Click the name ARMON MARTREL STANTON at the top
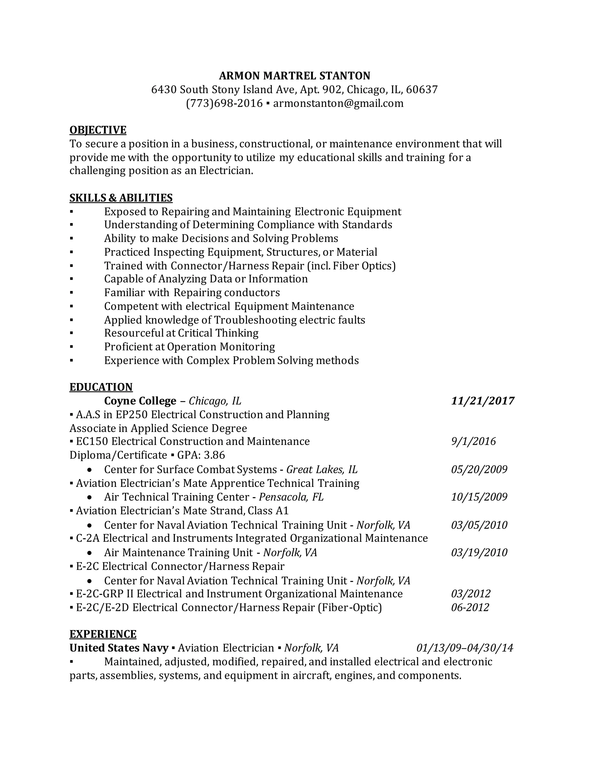pos(294,76)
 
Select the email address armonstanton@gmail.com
pos(338,103)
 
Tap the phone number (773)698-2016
pos(224,103)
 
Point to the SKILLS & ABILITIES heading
pos(121,198)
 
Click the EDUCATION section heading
pos(101,387)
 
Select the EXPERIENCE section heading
pos(103,634)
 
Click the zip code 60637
pos(422,90)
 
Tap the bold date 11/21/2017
pos(483,401)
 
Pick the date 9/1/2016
pos(473,441)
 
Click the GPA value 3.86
pos(214,455)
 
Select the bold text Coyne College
pos(140,401)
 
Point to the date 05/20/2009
pos(479,469)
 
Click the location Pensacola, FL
pos(291,497)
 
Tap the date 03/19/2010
pos(479,552)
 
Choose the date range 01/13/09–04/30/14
pos(465,648)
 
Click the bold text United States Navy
pos(119,648)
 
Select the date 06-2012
pos(470,607)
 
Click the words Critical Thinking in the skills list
pos(218,333)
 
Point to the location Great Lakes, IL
pos(322,469)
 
